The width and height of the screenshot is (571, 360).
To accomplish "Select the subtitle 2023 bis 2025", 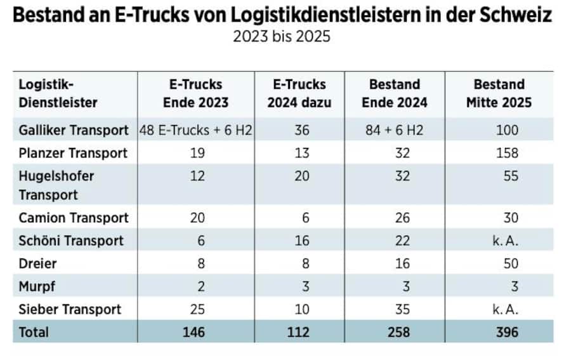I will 282,36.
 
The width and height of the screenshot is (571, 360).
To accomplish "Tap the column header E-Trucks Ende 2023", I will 197,93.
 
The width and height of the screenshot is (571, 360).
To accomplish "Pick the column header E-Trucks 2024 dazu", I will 299,93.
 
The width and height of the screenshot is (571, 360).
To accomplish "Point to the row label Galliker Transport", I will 74,130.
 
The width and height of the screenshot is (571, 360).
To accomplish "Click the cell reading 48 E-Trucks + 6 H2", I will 197,130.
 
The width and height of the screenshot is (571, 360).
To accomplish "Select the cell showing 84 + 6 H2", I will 395,130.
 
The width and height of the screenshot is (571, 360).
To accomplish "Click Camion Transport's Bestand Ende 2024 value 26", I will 402,218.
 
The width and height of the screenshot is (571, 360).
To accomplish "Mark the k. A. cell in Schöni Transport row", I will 505,241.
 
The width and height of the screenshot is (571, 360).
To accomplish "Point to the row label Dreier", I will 37,263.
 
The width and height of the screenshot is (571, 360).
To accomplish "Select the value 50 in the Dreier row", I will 510,263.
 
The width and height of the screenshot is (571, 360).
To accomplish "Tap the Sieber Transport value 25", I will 197,309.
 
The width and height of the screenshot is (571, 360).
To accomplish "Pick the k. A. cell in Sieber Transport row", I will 505,309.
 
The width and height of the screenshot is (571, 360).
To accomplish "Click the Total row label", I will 34,332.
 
